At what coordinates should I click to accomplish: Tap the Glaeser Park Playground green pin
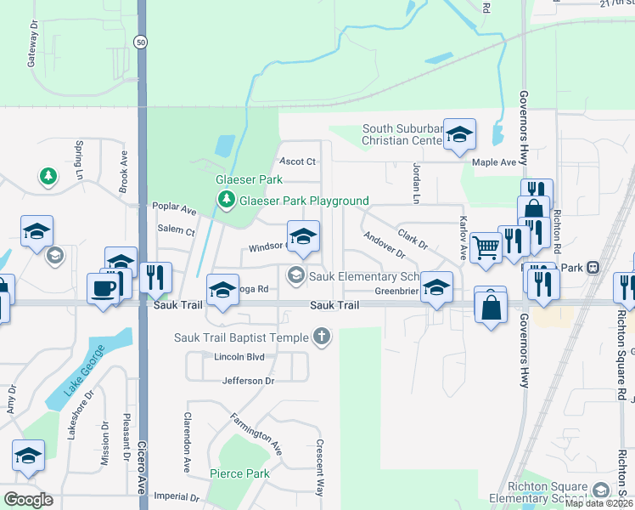pyautogui.click(x=226, y=201)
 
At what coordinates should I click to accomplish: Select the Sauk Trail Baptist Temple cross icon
pyautogui.click(x=321, y=338)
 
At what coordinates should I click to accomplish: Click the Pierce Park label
pyautogui.click(x=240, y=473)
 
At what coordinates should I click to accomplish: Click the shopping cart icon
pyautogui.click(x=486, y=246)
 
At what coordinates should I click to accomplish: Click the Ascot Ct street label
pyautogui.click(x=298, y=161)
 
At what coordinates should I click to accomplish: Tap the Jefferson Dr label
pyautogui.click(x=249, y=381)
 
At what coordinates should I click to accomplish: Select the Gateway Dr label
pyautogui.click(x=34, y=50)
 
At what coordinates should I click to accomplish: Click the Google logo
pyautogui.click(x=28, y=500)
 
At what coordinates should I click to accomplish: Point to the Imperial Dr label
pyautogui.click(x=176, y=496)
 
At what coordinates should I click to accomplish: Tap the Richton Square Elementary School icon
pyautogui.click(x=601, y=490)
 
